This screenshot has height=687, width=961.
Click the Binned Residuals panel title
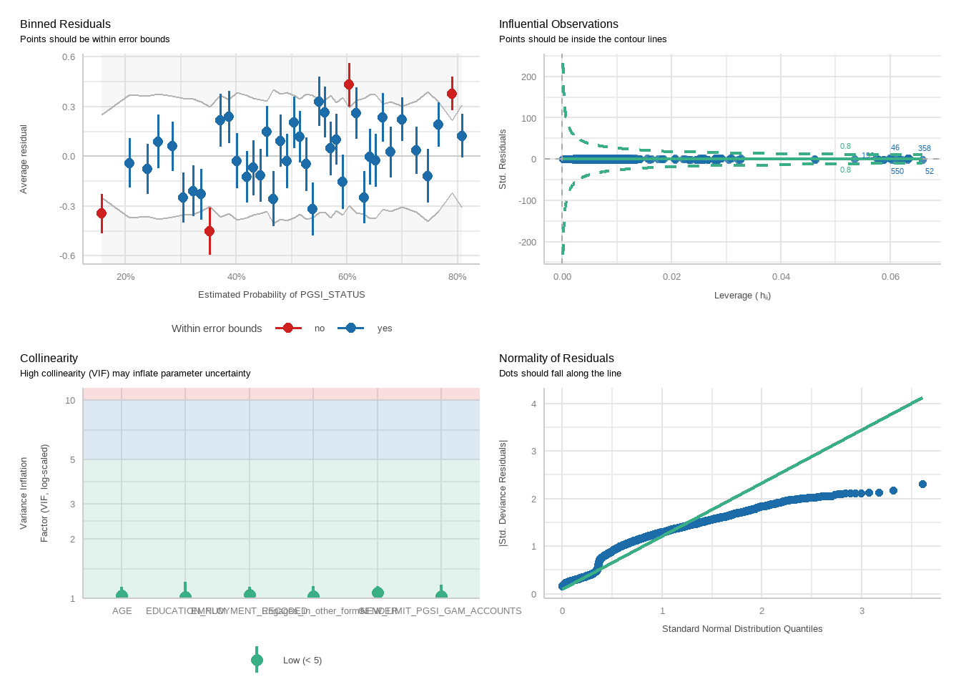tap(65, 24)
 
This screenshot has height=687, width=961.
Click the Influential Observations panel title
tap(558, 24)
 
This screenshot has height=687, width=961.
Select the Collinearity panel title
tap(49, 359)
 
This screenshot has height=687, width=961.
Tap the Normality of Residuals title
tap(556, 359)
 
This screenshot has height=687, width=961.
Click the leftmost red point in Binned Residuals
tap(102, 213)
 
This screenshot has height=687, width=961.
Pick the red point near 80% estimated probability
tap(452, 94)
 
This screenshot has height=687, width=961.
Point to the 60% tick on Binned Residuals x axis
tap(347, 277)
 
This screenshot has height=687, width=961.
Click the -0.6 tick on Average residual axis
tap(68, 256)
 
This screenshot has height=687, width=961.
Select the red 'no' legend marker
tap(288, 328)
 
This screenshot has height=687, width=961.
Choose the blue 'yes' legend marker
tap(350, 328)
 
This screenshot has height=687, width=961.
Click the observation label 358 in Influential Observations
tap(925, 149)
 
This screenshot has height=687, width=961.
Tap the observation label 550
tap(897, 172)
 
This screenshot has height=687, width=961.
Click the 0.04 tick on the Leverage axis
tap(781, 277)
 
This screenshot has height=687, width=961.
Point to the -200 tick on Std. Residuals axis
tap(528, 243)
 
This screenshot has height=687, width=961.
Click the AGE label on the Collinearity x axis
tap(122, 611)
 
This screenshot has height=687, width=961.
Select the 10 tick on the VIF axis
tap(70, 401)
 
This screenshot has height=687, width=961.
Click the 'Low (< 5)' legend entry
tap(302, 661)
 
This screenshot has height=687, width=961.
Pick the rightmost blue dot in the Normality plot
tap(922, 484)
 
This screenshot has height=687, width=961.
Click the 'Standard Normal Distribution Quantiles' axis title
tap(742, 629)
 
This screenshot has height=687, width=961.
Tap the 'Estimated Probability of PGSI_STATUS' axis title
tap(281, 295)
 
